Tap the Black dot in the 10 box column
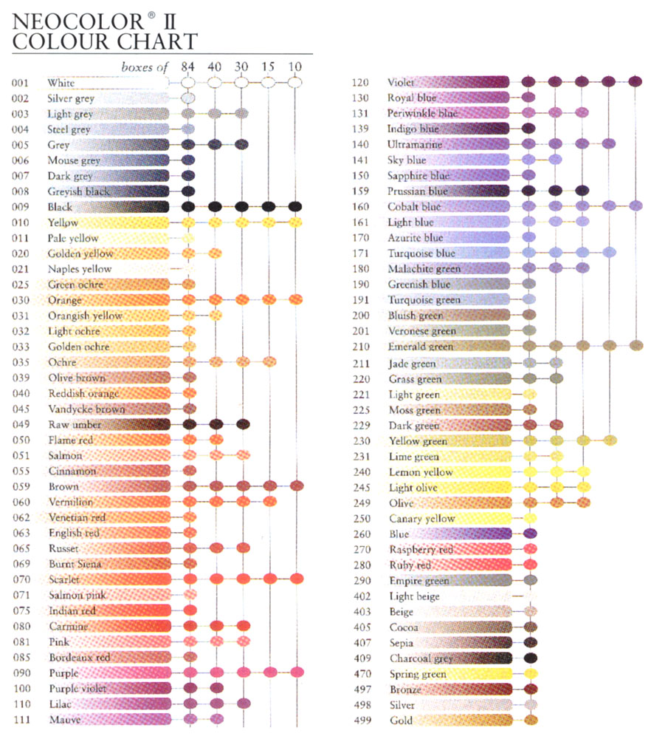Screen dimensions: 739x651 pos(295,206)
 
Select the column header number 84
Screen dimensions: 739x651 pos(187,67)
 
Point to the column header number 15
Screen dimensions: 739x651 pos(268,67)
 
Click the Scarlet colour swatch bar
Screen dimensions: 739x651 pos(107,579)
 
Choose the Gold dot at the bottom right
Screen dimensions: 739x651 pos(530,720)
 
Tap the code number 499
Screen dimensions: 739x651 pos(362,720)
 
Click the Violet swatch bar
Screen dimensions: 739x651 pos(448,82)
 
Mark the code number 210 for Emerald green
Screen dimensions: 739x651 pos(362,346)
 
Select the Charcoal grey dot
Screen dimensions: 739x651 pos(530,658)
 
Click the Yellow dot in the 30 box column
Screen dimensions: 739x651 pos(241,222)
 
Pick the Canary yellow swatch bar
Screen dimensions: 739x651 pos(448,518)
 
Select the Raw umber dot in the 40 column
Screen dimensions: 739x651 pos(216,424)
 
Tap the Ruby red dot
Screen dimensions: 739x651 pos(530,565)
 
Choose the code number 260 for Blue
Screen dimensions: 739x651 pos(362,534)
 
